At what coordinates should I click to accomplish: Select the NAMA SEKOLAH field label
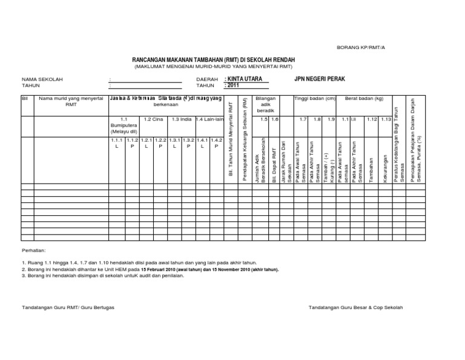click(x=42, y=79)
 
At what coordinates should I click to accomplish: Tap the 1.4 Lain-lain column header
click(x=209, y=119)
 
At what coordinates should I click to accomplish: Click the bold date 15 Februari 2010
click(x=161, y=268)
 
